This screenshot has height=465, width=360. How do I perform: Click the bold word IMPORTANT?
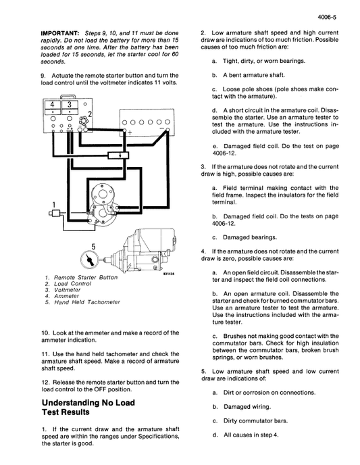coord(59,33)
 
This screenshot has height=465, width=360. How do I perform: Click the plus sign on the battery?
coord(130,132)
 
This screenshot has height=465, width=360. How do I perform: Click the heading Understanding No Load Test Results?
coord(88,408)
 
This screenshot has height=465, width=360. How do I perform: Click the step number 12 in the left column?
coord(45,383)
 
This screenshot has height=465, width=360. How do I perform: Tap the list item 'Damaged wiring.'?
coord(246,406)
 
